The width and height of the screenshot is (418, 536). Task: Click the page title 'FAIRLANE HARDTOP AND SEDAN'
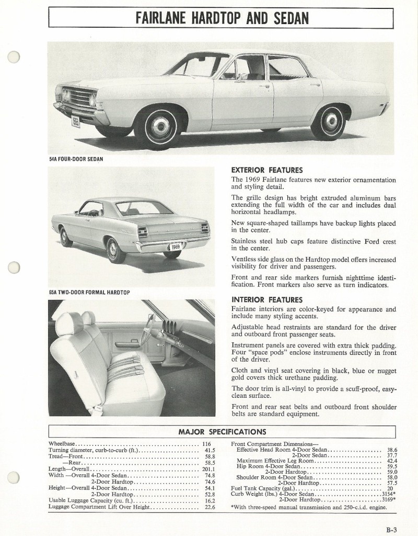[222, 18]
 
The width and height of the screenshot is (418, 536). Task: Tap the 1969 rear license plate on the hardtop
[176, 246]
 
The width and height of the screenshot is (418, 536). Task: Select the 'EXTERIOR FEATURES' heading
[266, 170]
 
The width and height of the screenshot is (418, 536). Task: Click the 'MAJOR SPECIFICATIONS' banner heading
[222, 432]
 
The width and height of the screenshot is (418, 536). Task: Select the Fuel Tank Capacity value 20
[390, 488]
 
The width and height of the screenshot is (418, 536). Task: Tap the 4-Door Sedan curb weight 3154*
[387, 494]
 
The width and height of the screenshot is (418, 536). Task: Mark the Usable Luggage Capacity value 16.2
[210, 500]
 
